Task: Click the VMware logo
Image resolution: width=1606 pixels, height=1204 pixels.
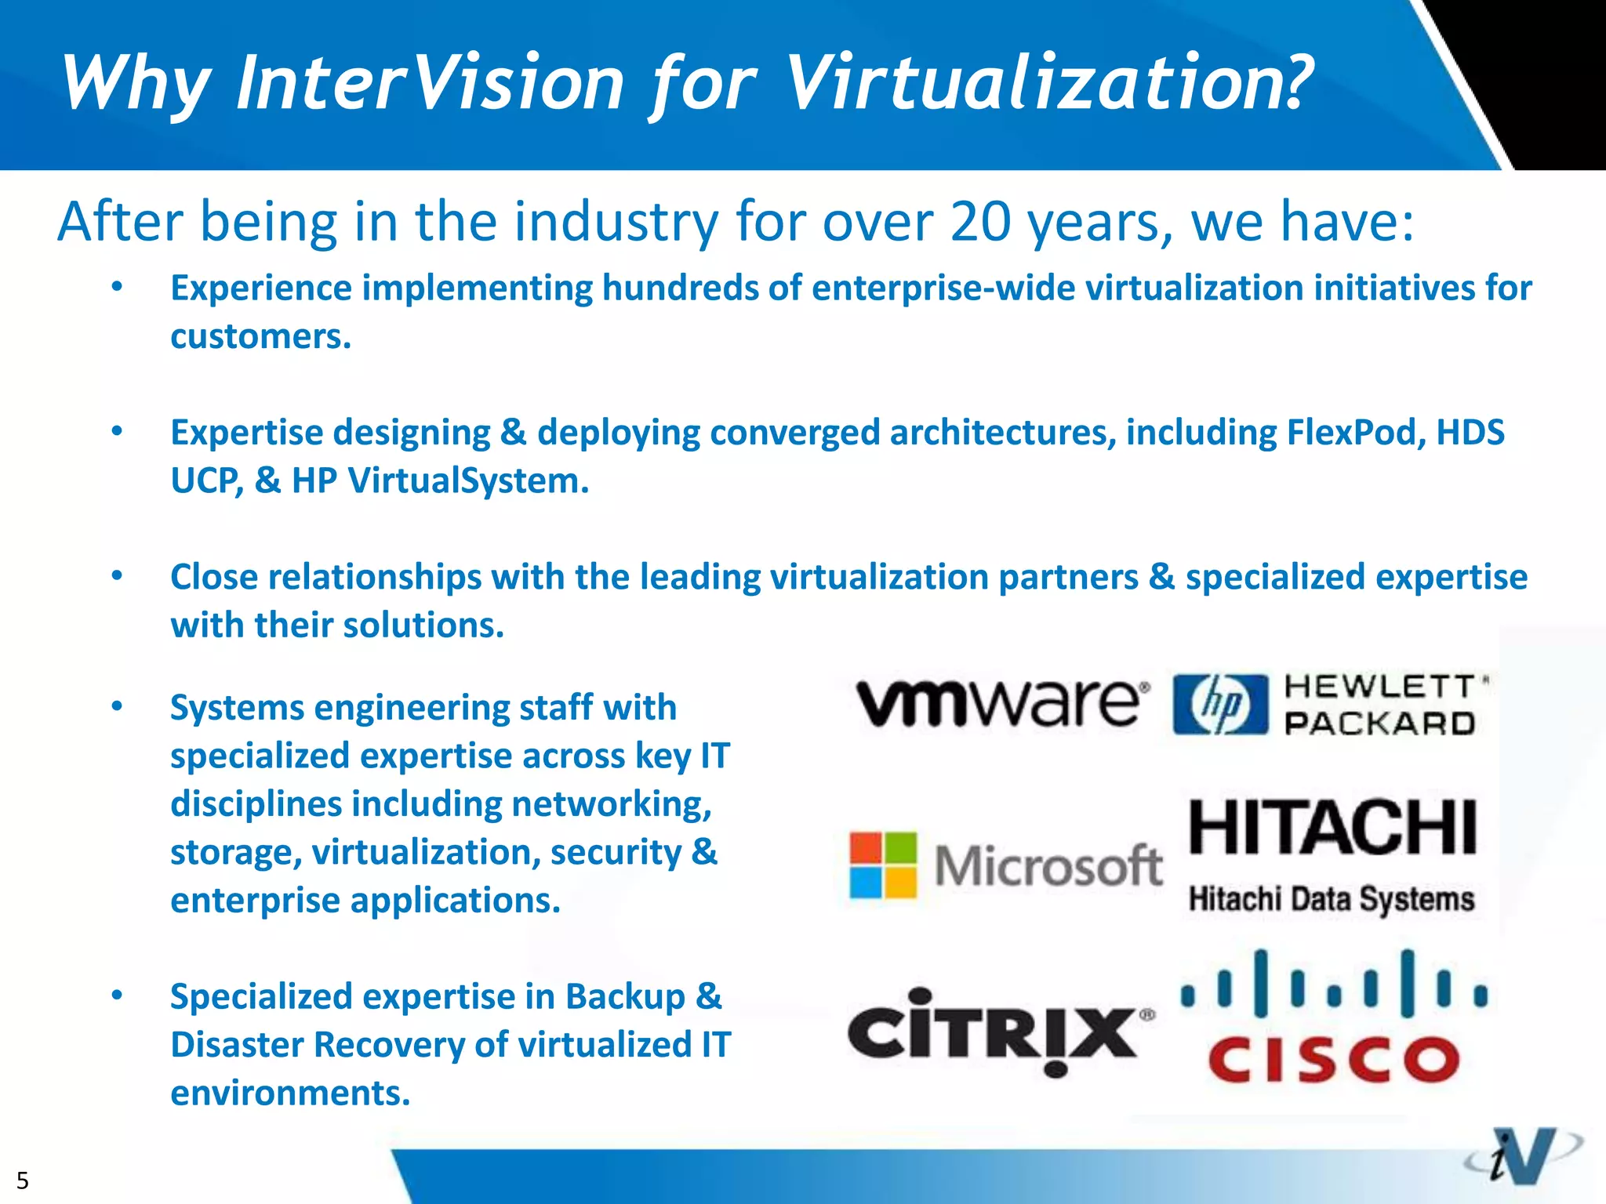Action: pyautogui.click(x=1002, y=702)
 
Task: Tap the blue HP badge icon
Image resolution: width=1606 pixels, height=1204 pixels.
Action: pyautogui.click(x=1220, y=704)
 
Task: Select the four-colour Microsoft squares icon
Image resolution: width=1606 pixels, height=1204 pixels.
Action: pyautogui.click(x=883, y=865)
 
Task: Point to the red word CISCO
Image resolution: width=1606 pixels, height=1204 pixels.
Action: pyautogui.click(x=1333, y=1060)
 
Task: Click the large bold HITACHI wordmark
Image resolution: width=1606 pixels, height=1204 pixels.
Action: pyautogui.click(x=1333, y=828)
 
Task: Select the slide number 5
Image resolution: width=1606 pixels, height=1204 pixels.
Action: pyautogui.click(x=23, y=1180)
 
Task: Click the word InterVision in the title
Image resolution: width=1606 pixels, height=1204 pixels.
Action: pyautogui.click(x=430, y=83)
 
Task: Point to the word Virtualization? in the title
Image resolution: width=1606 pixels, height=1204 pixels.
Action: pyautogui.click(x=1048, y=83)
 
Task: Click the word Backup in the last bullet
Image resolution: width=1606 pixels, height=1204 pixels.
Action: pyautogui.click(x=624, y=997)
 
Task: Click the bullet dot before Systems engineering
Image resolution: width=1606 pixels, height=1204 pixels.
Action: pyautogui.click(x=117, y=706)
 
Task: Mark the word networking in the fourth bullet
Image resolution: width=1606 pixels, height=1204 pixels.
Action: pyautogui.click(x=611, y=804)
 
